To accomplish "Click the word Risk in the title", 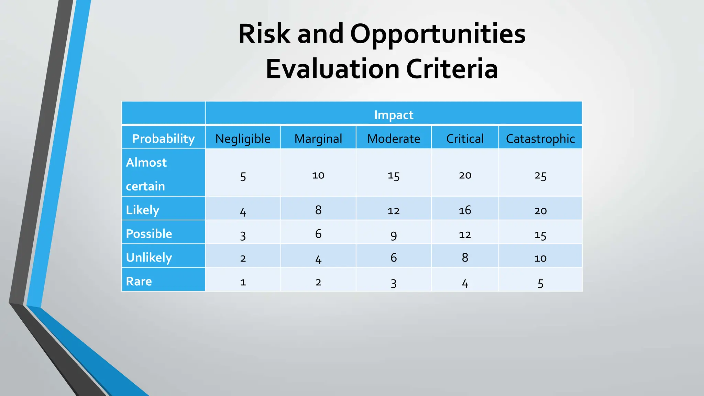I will (x=264, y=34).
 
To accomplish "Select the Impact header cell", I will (x=393, y=115).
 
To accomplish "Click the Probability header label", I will (x=163, y=139).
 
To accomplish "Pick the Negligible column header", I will (x=243, y=139).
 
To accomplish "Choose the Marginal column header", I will (x=318, y=139).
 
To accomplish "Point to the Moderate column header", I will (x=393, y=139).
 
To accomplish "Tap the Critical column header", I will (x=465, y=139).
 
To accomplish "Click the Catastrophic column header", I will (x=540, y=139).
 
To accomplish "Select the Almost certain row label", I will (x=146, y=174).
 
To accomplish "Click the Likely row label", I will (x=142, y=210).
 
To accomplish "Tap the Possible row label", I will (x=149, y=234).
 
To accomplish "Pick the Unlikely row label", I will (x=149, y=257).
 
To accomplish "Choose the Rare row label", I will (x=139, y=281).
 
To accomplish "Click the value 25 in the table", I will (x=540, y=176).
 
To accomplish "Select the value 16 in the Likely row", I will (x=465, y=210).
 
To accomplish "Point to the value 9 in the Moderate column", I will (x=393, y=235).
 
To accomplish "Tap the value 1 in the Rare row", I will (x=243, y=282).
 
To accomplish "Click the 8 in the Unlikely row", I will (x=465, y=257).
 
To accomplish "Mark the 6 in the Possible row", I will (x=318, y=234).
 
